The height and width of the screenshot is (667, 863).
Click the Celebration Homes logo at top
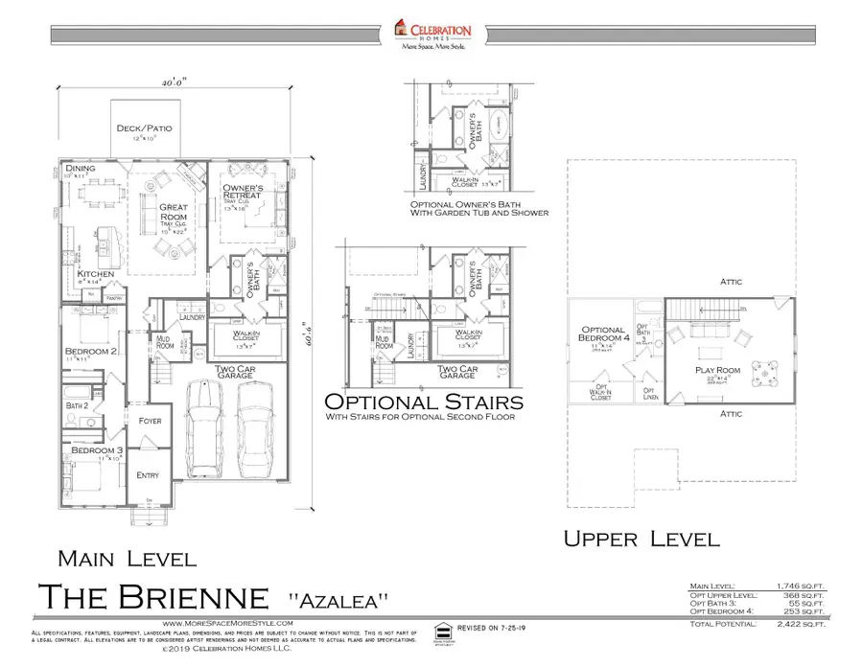[431, 33]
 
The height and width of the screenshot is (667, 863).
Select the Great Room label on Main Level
[174, 212]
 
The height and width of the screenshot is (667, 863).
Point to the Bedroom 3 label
[87, 449]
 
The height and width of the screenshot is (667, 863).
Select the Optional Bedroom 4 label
[603, 335]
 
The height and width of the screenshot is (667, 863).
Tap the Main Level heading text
[120, 558]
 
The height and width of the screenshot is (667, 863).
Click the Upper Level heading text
[641, 538]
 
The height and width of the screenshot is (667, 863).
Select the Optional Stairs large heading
[424, 402]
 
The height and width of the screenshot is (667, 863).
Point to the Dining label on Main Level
[81, 170]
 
